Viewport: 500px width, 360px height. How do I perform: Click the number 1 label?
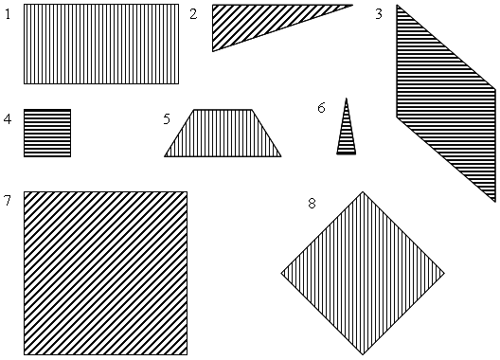coord(8,14)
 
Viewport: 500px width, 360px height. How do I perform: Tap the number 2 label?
coord(193,14)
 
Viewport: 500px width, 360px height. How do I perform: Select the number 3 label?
coord(379,14)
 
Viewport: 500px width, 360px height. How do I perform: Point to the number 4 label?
coord(8,119)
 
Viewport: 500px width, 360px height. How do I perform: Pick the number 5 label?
coord(167,119)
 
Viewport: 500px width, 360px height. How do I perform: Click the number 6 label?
coord(321,108)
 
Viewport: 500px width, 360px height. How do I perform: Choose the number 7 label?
coord(8,201)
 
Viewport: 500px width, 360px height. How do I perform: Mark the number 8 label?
coord(312,203)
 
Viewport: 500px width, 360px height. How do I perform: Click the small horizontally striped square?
coord(47,133)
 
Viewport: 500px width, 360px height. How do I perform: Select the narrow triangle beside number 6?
coord(347,134)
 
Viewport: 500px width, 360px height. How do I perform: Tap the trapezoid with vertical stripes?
coord(223,133)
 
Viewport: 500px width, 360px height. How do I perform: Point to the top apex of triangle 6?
coord(347,99)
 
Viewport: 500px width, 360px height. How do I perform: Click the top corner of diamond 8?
coord(363,191)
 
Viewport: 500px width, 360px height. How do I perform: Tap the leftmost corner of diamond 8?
coord(281,273)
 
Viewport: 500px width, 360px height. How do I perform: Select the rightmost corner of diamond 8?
coord(444,273)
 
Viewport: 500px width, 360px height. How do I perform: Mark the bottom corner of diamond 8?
coord(363,354)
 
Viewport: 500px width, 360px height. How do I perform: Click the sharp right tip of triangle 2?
coord(352,5)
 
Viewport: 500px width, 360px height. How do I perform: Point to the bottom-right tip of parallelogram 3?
coord(495,202)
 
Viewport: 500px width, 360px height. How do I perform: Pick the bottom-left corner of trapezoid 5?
coord(165,156)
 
